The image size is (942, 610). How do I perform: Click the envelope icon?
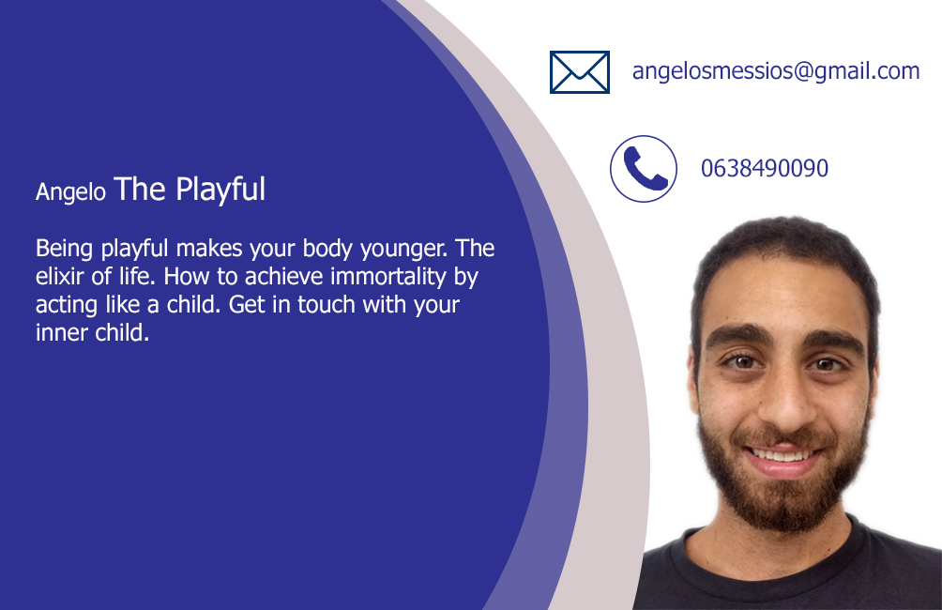[x=580, y=72]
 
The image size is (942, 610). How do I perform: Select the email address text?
[x=776, y=71]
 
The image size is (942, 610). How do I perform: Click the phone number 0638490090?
[x=765, y=168]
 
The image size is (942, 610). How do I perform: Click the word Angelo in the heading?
[x=71, y=192]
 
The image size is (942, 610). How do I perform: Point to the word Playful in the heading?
[x=220, y=190]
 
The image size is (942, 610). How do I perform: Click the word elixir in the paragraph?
[x=60, y=277]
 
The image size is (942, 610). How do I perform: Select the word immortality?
[x=388, y=278]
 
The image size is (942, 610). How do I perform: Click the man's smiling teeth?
[x=782, y=455]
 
